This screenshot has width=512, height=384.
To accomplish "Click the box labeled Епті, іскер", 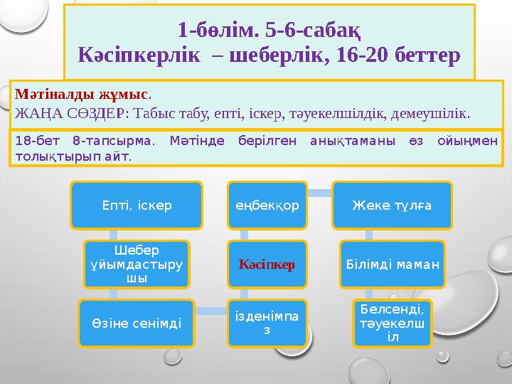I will pyautogui.click(x=136, y=205).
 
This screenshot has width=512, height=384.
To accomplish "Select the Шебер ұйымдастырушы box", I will pyautogui.click(x=137, y=263).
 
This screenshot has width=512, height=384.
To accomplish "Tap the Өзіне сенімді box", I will pyautogui.click(x=136, y=323).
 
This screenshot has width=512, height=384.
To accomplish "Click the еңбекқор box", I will pyautogui.click(x=267, y=205).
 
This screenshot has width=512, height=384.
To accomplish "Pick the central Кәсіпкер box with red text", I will pyautogui.click(x=267, y=263).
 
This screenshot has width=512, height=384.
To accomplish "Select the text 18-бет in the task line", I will pyautogui.click(x=32, y=142).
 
